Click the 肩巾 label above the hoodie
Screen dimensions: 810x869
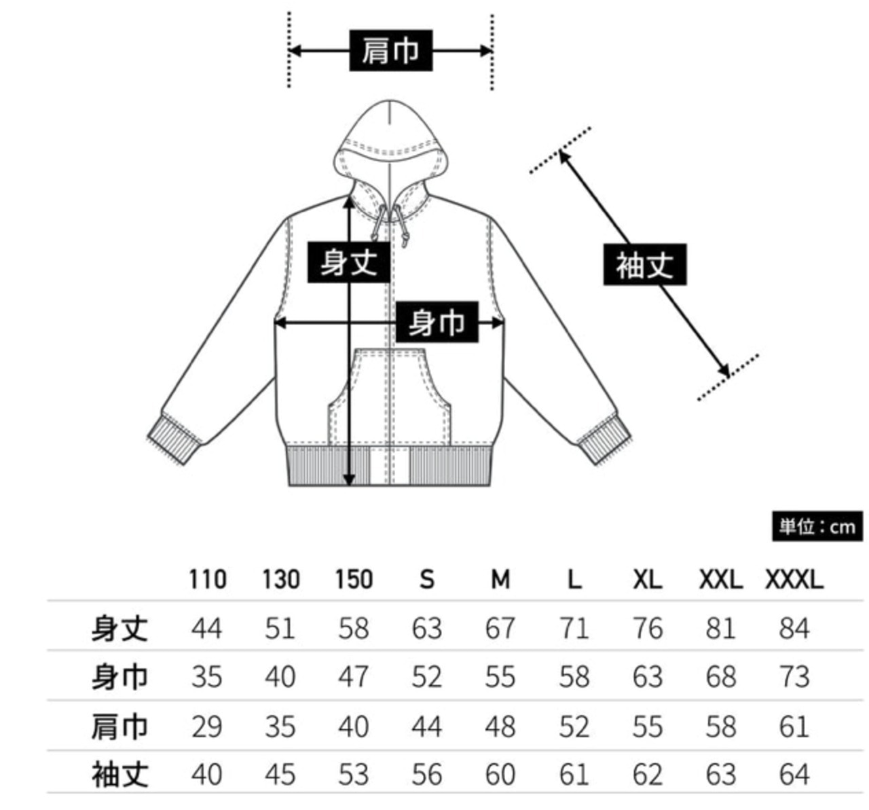(x=390, y=50)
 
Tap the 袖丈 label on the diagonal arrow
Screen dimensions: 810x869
(x=644, y=264)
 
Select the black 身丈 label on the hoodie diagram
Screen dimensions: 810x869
(x=348, y=261)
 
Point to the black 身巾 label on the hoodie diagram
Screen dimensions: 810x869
(x=437, y=322)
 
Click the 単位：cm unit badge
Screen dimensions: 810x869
(x=817, y=527)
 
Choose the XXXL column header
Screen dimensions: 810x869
(x=794, y=580)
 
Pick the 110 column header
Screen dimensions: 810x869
(x=207, y=580)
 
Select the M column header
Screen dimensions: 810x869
(x=500, y=580)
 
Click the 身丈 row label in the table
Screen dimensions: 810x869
(x=119, y=628)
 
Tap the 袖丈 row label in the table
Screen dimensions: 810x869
(x=119, y=775)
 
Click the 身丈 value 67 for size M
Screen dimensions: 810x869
(x=500, y=628)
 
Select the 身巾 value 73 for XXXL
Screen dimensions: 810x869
(x=794, y=677)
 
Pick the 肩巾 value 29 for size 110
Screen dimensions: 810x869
(x=207, y=726)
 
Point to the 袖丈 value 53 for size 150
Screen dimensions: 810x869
(x=354, y=775)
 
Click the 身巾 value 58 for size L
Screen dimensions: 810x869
(x=574, y=677)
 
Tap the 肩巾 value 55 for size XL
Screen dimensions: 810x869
(x=647, y=726)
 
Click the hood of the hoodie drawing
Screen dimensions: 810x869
(x=390, y=132)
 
